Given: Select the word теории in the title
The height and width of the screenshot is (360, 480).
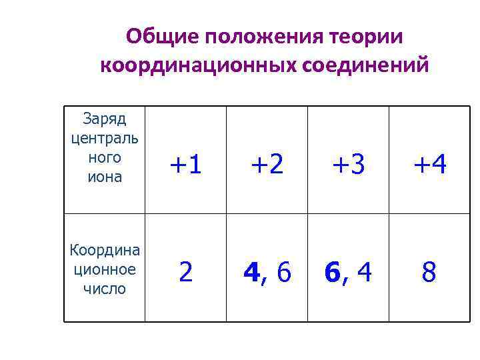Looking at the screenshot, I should click(x=367, y=37).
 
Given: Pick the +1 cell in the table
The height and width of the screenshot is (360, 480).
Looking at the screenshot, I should click(x=185, y=163).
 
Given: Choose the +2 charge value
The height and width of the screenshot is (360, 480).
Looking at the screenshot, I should click(x=267, y=163).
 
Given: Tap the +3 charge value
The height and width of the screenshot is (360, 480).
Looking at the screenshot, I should click(x=348, y=163).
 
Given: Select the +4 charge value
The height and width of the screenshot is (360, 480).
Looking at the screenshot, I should click(x=430, y=163).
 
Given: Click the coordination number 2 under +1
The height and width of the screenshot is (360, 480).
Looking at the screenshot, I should click(x=185, y=271).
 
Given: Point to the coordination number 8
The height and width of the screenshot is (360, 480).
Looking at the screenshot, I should click(x=430, y=271).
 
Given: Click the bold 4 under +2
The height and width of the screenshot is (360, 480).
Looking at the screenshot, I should click(x=251, y=271).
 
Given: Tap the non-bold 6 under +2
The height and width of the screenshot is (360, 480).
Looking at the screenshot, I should click(x=283, y=271).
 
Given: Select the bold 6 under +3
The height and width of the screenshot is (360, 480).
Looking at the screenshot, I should click(x=333, y=271).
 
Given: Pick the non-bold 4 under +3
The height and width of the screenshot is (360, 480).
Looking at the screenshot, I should click(x=364, y=271).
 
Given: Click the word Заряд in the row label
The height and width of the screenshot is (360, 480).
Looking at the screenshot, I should click(x=105, y=119).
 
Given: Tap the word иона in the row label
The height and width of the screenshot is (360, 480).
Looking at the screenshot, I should click(x=105, y=177).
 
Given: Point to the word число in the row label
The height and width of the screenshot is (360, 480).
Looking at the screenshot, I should click(x=105, y=289).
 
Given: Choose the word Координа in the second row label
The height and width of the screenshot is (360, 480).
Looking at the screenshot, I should click(x=105, y=250).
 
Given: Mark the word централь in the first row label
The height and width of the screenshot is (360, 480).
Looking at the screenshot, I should click(x=105, y=139).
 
